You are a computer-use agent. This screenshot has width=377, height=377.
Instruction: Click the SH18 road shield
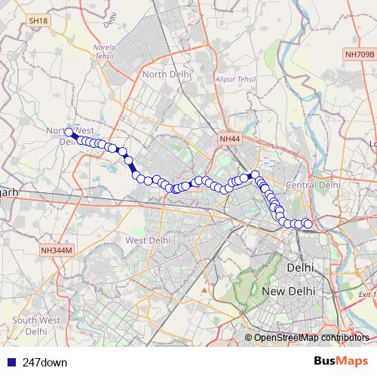click(37, 22)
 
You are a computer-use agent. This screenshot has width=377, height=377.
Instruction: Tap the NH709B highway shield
click(358, 55)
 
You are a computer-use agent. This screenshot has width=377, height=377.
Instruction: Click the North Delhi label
click(167, 74)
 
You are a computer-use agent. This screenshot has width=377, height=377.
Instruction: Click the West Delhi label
click(146, 240)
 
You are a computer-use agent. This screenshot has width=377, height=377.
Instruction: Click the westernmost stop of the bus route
click(69, 133)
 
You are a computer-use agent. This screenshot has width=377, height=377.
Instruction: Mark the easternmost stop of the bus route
click(308, 223)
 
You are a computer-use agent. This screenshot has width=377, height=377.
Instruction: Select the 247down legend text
click(44, 363)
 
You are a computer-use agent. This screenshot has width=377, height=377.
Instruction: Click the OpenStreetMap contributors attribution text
click(311, 338)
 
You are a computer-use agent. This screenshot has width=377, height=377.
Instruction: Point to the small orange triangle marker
click(204, 288)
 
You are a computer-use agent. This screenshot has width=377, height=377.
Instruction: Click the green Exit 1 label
click(367, 294)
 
